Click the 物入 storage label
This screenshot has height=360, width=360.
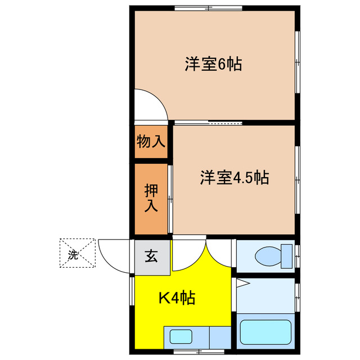(x=151, y=142)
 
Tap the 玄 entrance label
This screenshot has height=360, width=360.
(x=151, y=256)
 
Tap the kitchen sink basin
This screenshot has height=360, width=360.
(x=181, y=337)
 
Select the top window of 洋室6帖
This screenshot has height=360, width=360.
(x=208, y=8)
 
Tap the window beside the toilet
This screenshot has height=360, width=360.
(x=298, y=256)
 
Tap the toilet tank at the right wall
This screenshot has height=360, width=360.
(x=287, y=256)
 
